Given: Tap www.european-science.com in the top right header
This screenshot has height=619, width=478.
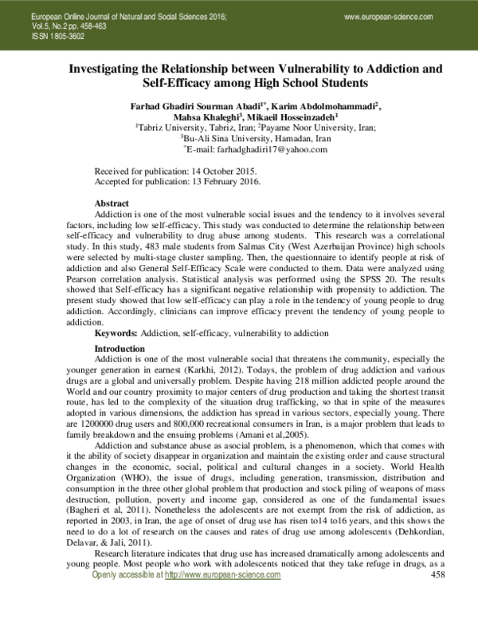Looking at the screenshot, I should (390, 17).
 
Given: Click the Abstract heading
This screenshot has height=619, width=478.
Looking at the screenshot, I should (112, 204).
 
